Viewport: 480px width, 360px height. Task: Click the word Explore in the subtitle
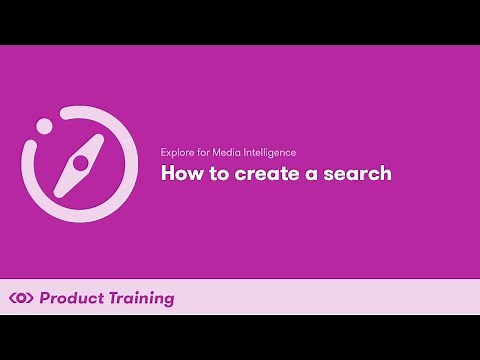click(176, 152)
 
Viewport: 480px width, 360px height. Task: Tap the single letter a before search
click(304, 175)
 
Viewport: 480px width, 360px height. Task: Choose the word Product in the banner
click(70, 298)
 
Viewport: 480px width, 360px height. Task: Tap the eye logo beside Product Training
click(21, 298)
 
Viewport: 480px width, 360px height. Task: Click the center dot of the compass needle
click(80, 161)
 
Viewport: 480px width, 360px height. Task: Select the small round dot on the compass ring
click(44, 126)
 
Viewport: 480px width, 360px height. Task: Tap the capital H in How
click(167, 174)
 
